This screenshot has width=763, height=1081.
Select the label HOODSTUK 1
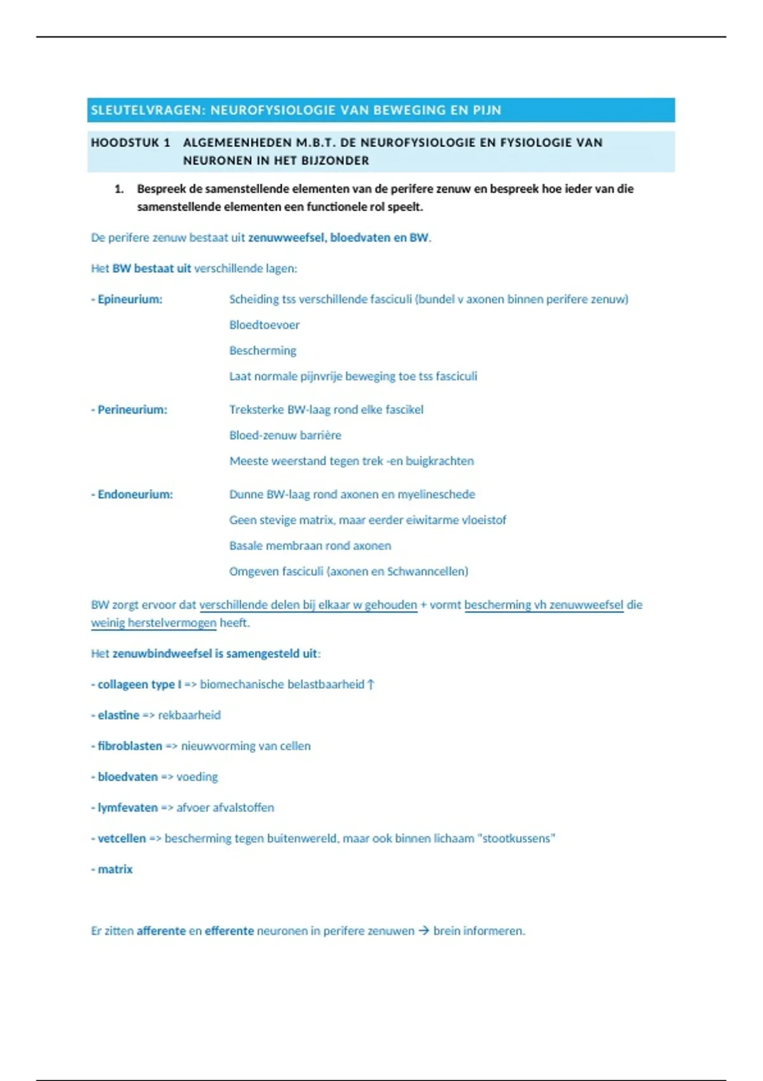click(130, 142)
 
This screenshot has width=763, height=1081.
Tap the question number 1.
click(118, 189)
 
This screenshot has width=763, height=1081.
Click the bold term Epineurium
click(130, 299)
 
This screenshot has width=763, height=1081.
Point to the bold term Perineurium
click(132, 410)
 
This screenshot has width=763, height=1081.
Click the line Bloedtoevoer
click(265, 325)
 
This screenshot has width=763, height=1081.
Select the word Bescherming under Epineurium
click(263, 350)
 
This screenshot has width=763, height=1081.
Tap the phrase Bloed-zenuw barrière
click(285, 435)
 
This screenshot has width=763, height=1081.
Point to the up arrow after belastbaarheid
click(371, 684)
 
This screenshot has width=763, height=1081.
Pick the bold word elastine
click(118, 715)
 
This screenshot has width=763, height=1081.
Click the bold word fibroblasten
click(130, 746)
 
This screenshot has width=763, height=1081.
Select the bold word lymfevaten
click(127, 808)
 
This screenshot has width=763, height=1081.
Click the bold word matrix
click(115, 869)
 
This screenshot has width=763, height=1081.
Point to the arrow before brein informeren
click(424, 931)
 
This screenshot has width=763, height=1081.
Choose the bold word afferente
click(161, 931)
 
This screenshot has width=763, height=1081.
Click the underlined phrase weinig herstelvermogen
click(154, 623)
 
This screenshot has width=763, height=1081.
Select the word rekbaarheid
click(189, 715)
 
